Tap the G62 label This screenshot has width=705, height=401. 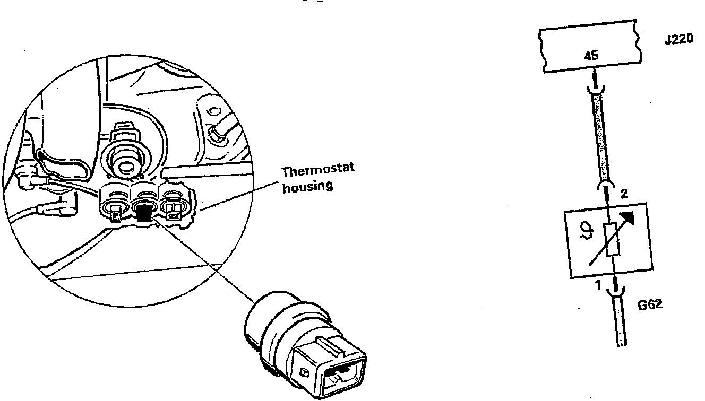pos(650,305)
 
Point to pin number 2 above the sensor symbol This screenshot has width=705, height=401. pos(624,194)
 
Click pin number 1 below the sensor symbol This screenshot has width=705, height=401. pos(597,286)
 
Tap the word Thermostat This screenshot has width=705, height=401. pos(317,171)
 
